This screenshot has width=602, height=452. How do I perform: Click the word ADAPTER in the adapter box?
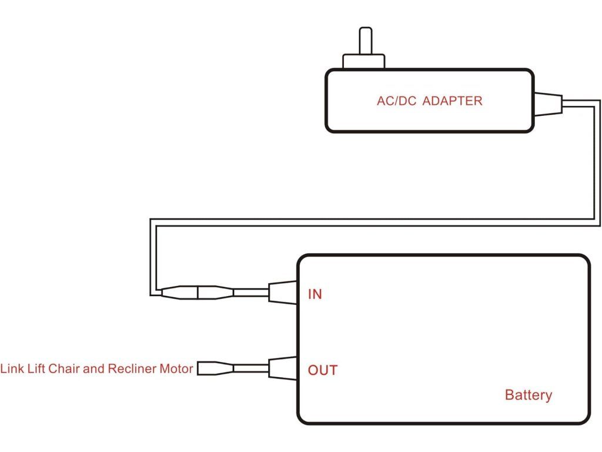(452, 101)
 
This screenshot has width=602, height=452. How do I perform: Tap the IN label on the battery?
(315, 294)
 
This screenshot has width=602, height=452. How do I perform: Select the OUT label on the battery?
(323, 370)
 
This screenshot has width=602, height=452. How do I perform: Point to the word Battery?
(529, 395)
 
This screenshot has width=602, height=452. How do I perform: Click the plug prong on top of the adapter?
(365, 41)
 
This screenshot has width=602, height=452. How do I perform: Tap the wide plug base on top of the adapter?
(364, 62)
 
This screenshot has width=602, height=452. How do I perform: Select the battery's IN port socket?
(282, 292)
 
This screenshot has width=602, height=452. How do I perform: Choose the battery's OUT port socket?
(282, 368)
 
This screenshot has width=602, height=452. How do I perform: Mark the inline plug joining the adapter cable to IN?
(197, 291)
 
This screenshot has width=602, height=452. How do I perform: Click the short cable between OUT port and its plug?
(251, 368)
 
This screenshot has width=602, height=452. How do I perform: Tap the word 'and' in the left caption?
(93, 369)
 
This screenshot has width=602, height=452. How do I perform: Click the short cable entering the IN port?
(251, 291)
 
